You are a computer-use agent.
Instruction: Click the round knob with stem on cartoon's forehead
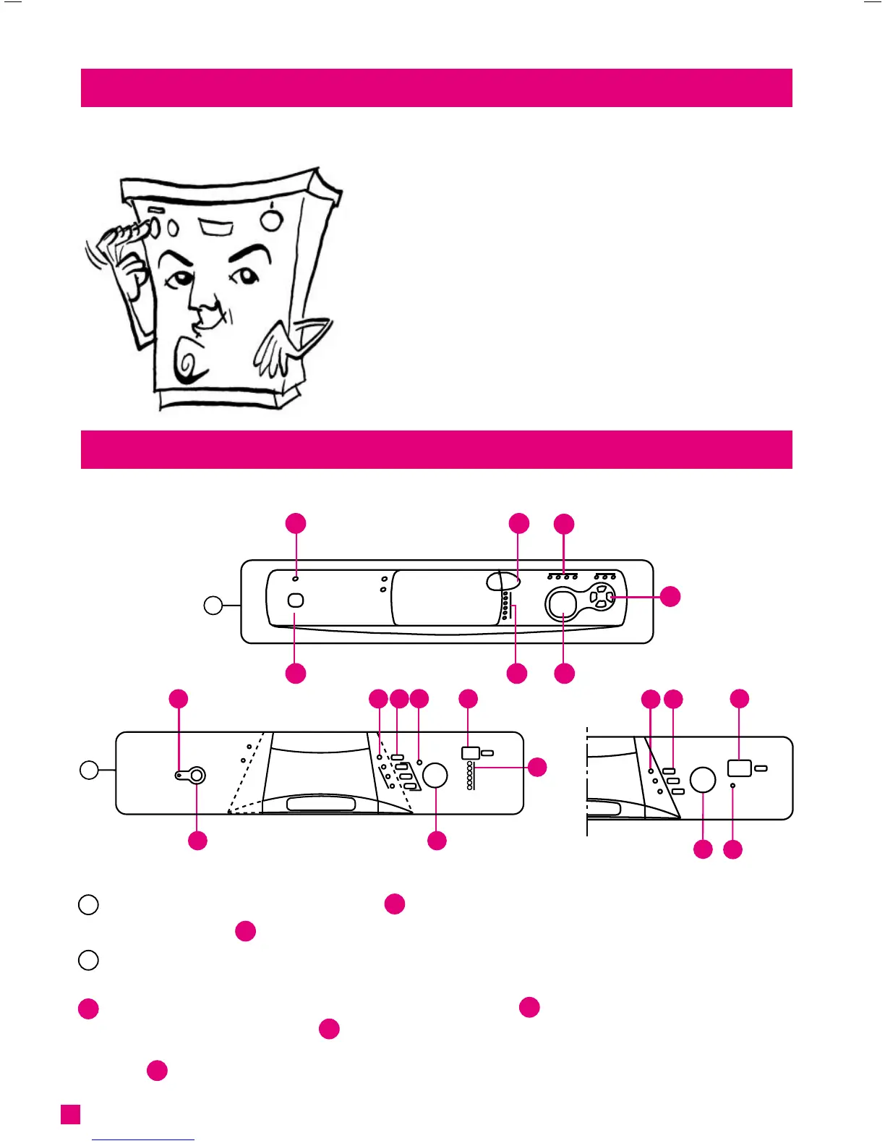coord(271,219)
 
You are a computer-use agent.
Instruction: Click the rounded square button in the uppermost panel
coord(296,600)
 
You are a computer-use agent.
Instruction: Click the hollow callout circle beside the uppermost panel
coord(213,605)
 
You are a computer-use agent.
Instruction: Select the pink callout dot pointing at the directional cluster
coord(670,596)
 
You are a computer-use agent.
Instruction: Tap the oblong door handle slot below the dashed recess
coord(321,805)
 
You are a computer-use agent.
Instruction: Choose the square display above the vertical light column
coord(469,753)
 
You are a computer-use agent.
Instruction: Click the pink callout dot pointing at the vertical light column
coord(537,768)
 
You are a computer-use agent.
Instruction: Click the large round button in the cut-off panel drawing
coord(703,780)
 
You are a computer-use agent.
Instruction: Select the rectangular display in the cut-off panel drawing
coord(739,768)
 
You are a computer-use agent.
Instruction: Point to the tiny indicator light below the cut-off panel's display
coord(733,786)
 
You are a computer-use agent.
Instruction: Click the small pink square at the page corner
coord(70,1114)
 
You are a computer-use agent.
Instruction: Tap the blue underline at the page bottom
coord(144,1140)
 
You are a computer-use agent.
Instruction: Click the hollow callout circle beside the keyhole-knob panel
coord(89,770)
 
